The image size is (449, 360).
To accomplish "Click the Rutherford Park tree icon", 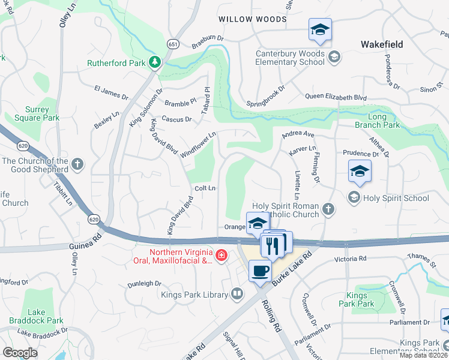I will click(155, 62).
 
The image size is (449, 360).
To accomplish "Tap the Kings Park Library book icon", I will click(238, 294).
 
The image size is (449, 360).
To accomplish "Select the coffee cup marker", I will click(260, 271).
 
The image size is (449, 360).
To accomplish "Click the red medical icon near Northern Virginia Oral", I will click(221, 256).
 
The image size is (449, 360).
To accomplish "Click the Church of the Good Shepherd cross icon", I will click(77, 164).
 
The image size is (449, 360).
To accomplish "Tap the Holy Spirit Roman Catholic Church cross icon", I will click(328, 209).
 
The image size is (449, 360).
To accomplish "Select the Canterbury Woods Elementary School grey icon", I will click(334, 57).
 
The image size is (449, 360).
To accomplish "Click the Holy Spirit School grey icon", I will click(354, 197).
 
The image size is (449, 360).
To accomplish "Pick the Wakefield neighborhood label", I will click(382, 44).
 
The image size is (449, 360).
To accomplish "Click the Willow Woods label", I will click(253, 19).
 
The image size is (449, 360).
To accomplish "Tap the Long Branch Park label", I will click(384, 121).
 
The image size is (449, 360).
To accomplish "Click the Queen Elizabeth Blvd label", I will click(336, 97).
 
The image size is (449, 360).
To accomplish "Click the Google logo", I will click(20, 353).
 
